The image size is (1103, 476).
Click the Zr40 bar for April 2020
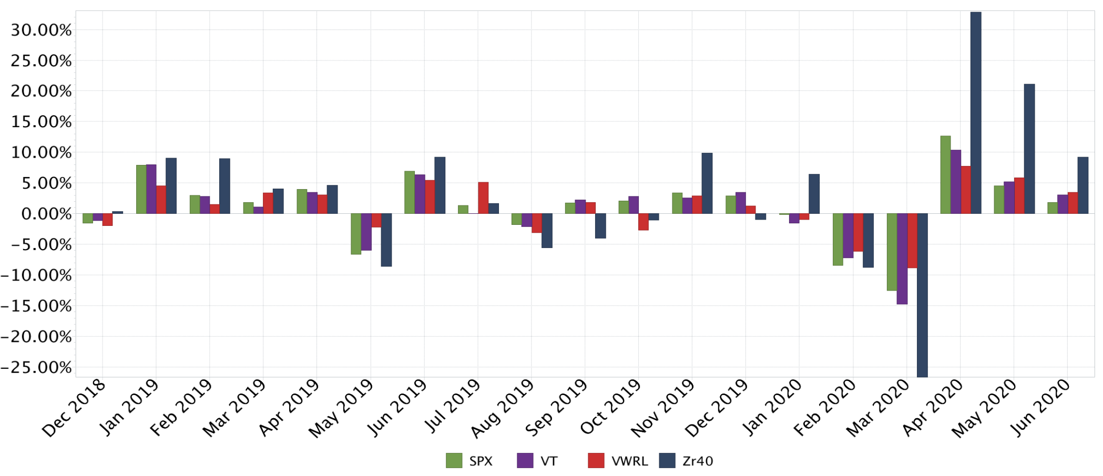tap(976, 113)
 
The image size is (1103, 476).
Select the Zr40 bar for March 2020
tap(922, 295)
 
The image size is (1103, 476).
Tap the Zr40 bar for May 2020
tap(1029, 149)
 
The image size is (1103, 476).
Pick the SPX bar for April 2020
tap(945, 174)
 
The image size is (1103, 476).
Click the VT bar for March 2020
tap(902, 258)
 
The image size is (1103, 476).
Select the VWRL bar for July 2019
tap(483, 198)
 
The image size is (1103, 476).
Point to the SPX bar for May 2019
tap(356, 234)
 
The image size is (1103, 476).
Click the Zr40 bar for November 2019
tap(707, 183)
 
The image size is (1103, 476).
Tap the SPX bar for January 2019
tap(141, 189)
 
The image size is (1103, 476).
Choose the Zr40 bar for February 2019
tap(224, 186)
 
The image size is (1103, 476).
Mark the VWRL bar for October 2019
tap(644, 222)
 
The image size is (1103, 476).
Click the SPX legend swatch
tap(454, 461)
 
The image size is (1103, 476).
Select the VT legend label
tap(549, 461)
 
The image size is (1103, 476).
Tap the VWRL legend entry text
tap(630, 461)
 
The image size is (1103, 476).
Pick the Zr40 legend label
tap(698, 461)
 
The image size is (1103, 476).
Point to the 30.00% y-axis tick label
tap(41, 30)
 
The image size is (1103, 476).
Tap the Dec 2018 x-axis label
tap(75, 409)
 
